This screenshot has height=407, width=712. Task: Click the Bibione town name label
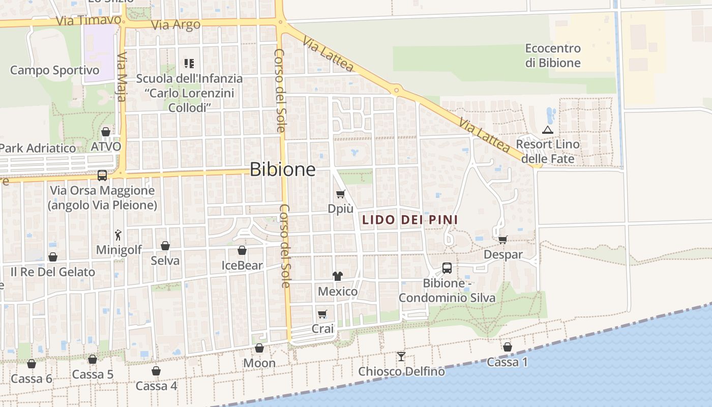point(283,169)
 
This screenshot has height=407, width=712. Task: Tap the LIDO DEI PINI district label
point(410,220)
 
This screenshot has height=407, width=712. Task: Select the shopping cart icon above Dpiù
point(341,194)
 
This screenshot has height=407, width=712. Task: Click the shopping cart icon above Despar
point(503,240)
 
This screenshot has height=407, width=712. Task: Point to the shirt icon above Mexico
point(338,276)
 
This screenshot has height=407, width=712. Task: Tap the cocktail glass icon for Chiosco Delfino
point(401,356)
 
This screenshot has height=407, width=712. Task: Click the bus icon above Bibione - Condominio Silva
point(447,268)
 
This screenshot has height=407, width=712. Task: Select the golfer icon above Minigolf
point(118,235)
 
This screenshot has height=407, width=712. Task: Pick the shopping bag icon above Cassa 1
point(508,347)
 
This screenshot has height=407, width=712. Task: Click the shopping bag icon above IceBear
point(242,250)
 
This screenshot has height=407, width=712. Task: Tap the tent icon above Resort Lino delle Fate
point(547,130)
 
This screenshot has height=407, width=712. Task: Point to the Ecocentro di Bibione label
point(553,55)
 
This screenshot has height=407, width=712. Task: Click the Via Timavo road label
point(88,21)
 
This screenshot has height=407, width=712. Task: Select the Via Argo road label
point(176,24)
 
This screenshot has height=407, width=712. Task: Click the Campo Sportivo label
point(54,70)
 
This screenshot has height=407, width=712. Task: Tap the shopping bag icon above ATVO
point(106,132)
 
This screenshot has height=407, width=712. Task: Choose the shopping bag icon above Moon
point(259,348)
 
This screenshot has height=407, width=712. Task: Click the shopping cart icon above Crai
point(322,314)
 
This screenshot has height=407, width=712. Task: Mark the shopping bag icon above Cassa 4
point(156,371)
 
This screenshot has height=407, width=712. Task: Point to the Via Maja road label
point(122,76)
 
